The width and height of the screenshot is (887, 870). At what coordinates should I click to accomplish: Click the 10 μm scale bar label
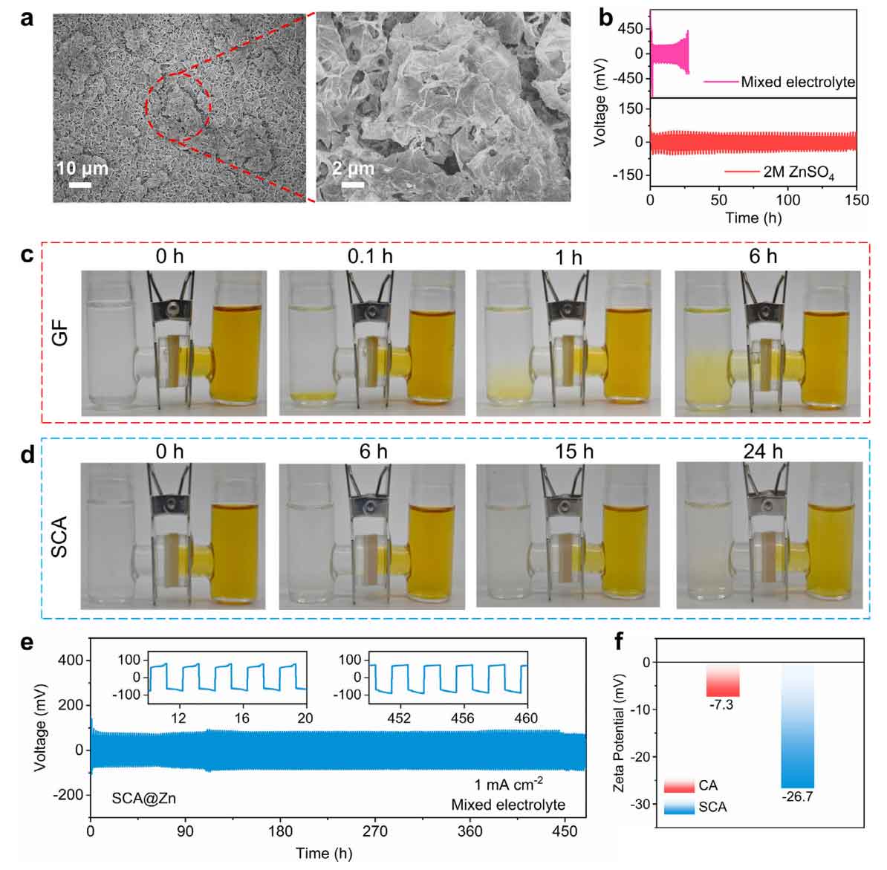pos(82,169)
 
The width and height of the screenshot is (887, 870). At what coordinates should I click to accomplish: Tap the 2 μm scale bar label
pos(352,169)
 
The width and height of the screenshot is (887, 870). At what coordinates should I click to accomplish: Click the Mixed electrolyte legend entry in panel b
pos(797,82)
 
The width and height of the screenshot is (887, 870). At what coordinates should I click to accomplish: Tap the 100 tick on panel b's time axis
pos(787,199)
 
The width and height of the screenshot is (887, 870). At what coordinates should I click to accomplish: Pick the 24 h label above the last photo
pos(763,451)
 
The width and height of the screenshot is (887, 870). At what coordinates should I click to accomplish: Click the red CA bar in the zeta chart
pos(722,679)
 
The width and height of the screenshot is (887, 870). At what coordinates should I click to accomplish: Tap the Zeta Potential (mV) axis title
pos(620,732)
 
